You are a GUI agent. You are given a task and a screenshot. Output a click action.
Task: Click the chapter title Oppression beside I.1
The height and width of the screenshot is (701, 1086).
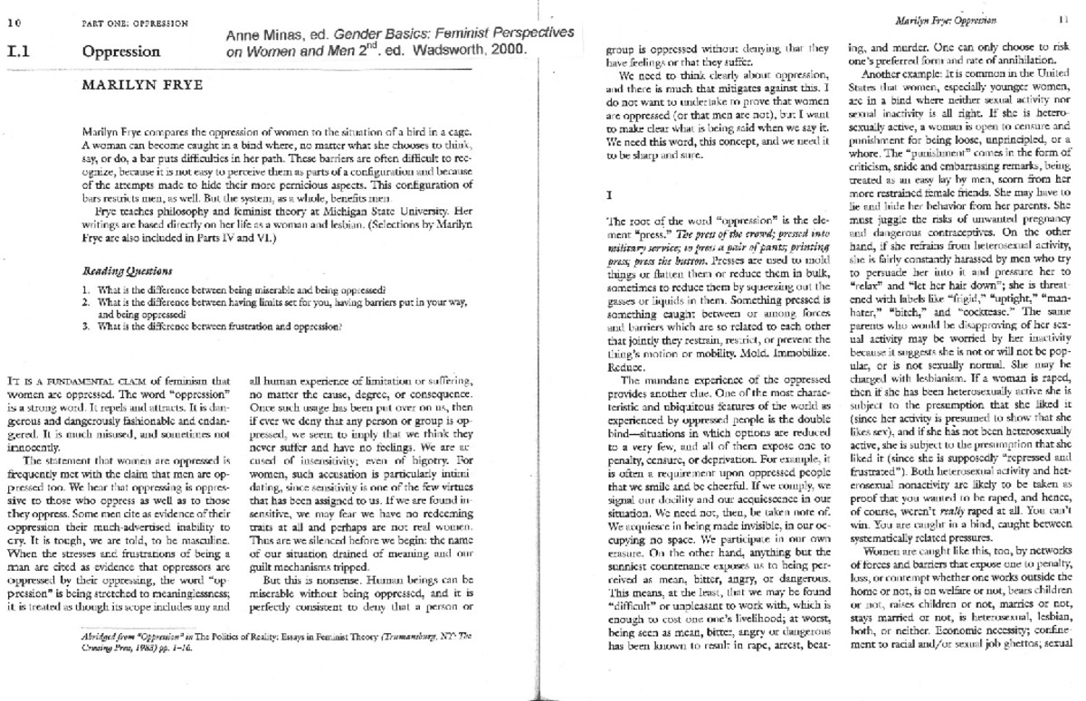click(x=120, y=52)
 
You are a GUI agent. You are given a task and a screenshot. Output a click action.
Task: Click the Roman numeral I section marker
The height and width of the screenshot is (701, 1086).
click(x=609, y=194)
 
